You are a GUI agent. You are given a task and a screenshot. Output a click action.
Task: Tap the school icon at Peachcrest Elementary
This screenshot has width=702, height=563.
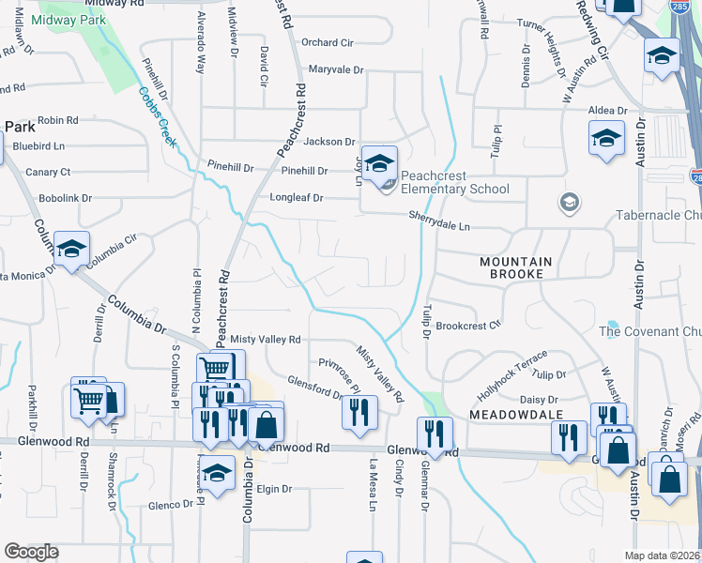coord(379,163)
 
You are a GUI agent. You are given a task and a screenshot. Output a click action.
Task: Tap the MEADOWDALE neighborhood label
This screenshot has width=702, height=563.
coord(502,414)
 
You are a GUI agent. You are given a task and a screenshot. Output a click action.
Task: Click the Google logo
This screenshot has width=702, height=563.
coord(32,552)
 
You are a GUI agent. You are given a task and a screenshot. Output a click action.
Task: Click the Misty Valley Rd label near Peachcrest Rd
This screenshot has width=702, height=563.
coord(266,339)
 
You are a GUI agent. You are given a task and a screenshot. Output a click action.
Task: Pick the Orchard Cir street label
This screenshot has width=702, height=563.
coord(327,42)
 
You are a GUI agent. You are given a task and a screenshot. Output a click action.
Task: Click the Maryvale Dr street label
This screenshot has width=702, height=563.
coord(335,69)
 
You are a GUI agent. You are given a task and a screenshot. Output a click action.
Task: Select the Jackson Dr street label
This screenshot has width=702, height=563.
coord(328,141)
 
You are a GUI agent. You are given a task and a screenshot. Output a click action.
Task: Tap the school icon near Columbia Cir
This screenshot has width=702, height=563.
coord(71,249)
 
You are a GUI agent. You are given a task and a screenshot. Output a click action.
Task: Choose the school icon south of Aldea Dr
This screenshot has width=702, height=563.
coord(607,140)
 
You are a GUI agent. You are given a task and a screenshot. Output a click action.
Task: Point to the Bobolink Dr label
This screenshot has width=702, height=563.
coord(66,198)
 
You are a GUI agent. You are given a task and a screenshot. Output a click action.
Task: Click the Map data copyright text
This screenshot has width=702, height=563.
coord(663,555)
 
